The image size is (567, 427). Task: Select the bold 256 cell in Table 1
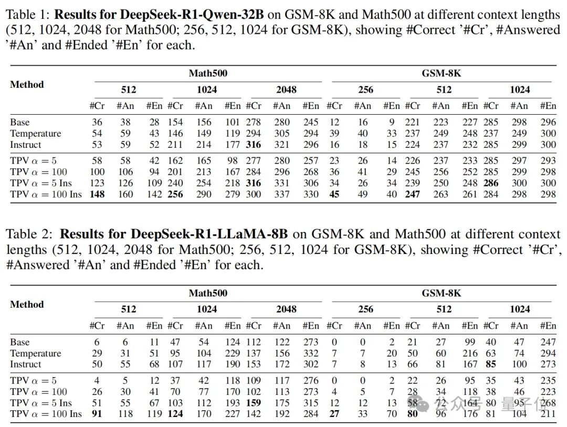tap(175, 194)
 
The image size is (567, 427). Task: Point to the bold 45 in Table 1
tap(334, 194)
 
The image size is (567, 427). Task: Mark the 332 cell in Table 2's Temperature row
tap(311, 353)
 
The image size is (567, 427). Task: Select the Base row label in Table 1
tap(20, 123)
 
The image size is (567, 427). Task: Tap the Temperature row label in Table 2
tap(35, 353)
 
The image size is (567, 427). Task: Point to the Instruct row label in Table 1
tap(25, 145)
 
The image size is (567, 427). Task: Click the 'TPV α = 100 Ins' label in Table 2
tap(46, 414)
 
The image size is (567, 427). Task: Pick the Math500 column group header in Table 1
tap(208, 74)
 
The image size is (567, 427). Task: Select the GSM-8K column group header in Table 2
tap(441, 293)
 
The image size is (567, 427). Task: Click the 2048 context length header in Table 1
tap(286, 89)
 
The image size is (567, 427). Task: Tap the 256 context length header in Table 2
tap(365, 309)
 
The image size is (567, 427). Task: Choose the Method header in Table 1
tap(27, 84)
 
